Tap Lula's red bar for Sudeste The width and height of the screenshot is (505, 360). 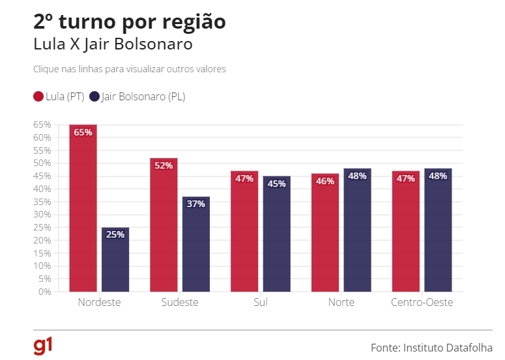(164, 228)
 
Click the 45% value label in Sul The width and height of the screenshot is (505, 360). (277, 184)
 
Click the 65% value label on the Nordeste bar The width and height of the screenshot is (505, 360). (83, 132)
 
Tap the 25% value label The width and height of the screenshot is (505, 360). (115, 234)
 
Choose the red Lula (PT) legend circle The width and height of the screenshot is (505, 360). (38, 97)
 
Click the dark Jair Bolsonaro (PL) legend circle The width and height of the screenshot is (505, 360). (94, 97)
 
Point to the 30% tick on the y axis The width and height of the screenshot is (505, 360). (42, 215)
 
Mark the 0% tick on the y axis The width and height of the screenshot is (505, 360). (44, 292)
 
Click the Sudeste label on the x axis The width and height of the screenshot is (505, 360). (179, 303)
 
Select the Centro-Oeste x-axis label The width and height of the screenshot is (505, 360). (422, 303)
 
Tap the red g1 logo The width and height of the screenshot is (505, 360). (43, 346)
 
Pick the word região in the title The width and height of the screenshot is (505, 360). (194, 22)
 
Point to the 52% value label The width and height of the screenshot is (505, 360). (164, 165)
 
